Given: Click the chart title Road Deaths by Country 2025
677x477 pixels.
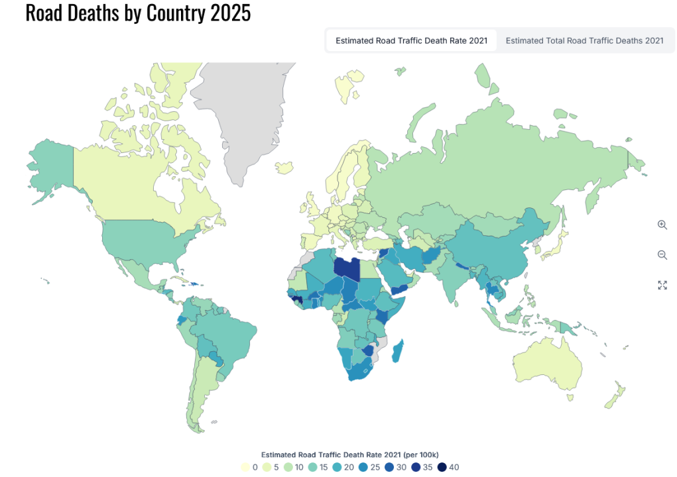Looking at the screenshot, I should coord(138,13).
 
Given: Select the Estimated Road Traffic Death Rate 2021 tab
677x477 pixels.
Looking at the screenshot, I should coord(411,40).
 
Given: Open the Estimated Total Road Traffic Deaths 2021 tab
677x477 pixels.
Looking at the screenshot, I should coord(584,40).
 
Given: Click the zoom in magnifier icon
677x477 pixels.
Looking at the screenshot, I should coord(662,225).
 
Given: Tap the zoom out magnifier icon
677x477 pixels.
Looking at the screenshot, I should coord(662,255).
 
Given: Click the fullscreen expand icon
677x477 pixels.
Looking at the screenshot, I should coord(662,286).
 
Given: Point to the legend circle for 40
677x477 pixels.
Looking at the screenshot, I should coord(443,467).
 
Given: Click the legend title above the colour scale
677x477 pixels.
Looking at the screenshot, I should coord(349,454).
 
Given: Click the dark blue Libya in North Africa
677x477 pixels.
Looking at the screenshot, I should coord(347,268).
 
